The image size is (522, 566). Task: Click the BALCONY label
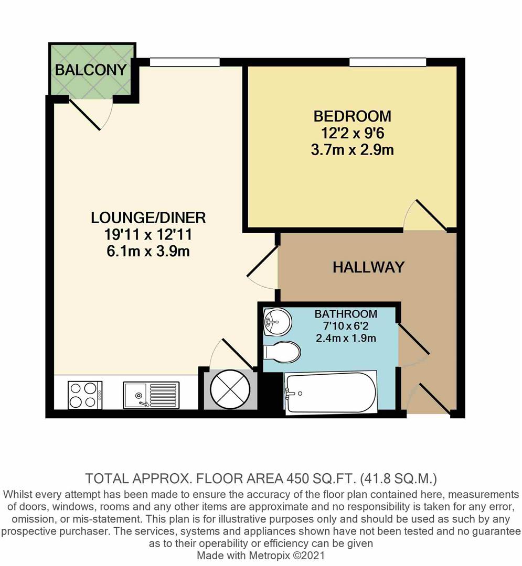(x=91, y=70)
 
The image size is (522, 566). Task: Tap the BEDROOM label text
(x=352, y=115)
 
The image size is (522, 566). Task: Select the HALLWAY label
(x=368, y=267)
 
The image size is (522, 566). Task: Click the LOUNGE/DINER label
(x=148, y=216)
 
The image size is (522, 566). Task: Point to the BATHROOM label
(x=346, y=314)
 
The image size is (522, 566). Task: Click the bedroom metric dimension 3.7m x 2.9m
(x=352, y=150)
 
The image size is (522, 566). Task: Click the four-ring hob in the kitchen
(x=85, y=395)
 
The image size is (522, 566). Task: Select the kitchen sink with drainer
(x=151, y=395)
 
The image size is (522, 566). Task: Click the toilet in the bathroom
(x=282, y=352)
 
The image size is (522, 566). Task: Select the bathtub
(x=330, y=393)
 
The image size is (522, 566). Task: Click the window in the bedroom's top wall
(x=388, y=63)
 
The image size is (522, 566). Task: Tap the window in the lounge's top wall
(x=184, y=63)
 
